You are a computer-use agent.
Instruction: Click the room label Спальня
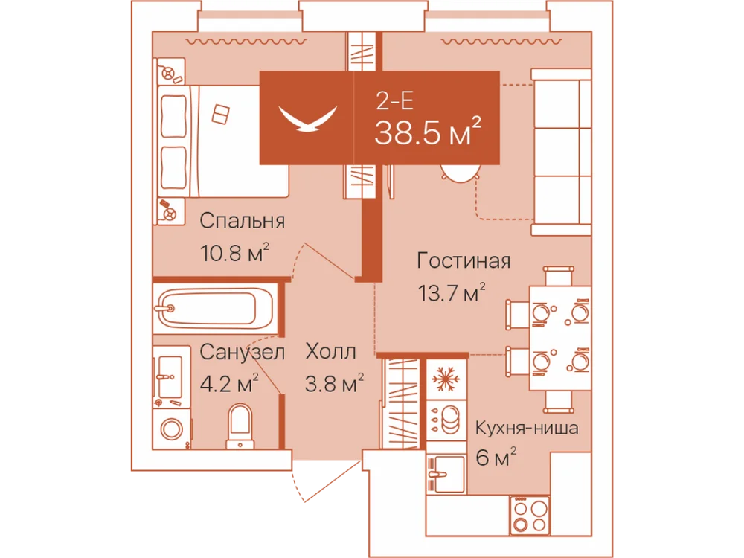pos(242,221)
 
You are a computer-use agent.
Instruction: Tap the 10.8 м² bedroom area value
pos(234,252)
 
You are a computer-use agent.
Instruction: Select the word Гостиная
pos(464,260)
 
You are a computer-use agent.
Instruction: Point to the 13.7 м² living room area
pos(452,292)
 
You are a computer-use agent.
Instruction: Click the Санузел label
pos(242,352)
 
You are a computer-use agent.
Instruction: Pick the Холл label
pos(331,352)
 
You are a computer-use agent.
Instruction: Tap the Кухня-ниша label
pos(527,428)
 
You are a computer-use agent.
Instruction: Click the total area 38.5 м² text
pos(428,132)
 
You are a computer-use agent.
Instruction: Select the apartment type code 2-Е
pos(394,100)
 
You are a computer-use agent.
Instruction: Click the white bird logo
pos(307,118)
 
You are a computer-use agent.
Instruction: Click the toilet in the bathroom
pos(240,426)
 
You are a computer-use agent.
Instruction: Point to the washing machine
pos(171,429)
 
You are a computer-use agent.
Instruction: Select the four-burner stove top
pos(530,516)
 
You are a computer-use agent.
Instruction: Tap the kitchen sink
pos(445,474)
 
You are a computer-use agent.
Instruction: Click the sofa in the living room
pos(561,153)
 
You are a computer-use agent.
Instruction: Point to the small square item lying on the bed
pos(220,114)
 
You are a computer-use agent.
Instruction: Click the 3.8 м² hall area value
pos(334,383)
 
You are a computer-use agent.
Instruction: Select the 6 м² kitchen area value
pos(496,458)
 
